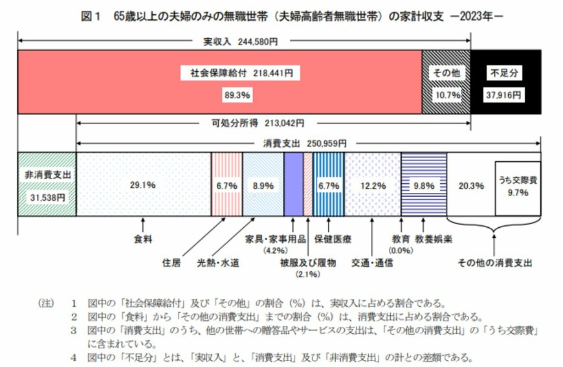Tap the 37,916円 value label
pyautogui.click(x=505, y=94)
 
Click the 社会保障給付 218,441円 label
pyautogui.click(x=240, y=73)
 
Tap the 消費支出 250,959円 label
pyautogui.click(x=305, y=143)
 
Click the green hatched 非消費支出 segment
pyautogui.click(x=47, y=184)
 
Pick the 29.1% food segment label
pyautogui.click(x=143, y=184)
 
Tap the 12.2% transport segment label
pyautogui.click(x=373, y=185)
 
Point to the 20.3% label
pyautogui.click(x=471, y=185)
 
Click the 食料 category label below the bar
pyautogui.click(x=143, y=239)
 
